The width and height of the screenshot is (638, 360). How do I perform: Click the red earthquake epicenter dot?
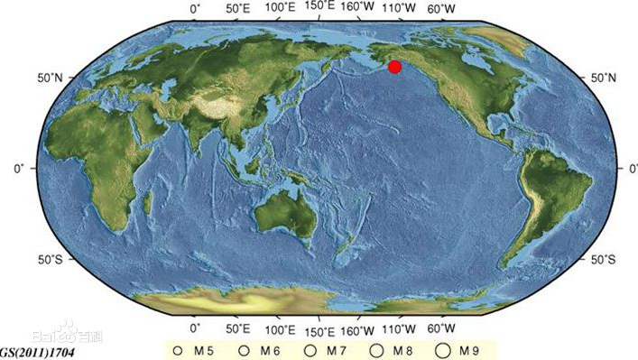pyautogui.click(x=394, y=66)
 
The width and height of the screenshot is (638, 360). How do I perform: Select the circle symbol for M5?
pyautogui.click(x=179, y=349)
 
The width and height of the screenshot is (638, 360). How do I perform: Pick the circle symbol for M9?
pyautogui.click(x=442, y=349)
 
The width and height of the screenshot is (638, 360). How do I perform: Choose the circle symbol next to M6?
pyautogui.click(x=245, y=349)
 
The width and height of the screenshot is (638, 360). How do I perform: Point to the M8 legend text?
pyautogui.click(x=401, y=349)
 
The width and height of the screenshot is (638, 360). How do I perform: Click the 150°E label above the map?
pyautogui.click(x=321, y=7)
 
